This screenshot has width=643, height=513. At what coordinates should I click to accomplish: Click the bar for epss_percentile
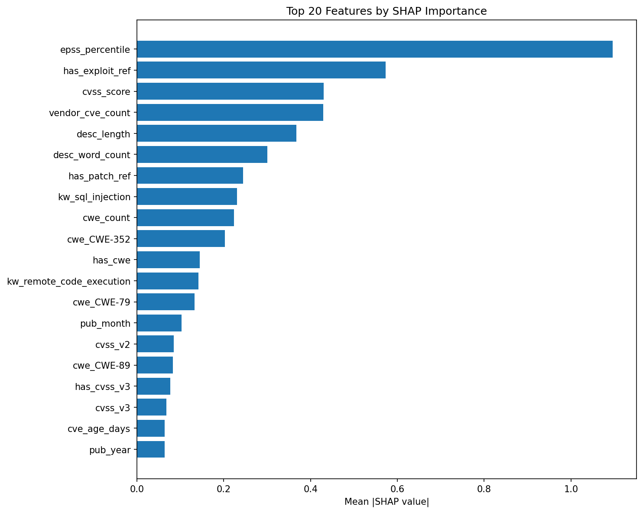(375, 49)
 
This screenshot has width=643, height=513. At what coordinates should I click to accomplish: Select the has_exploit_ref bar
(261, 70)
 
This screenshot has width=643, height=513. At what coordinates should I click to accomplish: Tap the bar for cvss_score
(230, 91)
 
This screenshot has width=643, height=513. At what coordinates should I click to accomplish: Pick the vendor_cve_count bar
(230, 113)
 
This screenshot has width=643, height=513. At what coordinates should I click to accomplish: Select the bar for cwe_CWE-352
(181, 239)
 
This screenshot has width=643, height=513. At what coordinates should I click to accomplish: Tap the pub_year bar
(151, 450)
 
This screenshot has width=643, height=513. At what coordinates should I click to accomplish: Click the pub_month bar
(159, 323)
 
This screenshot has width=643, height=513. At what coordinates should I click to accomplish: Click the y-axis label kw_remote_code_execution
(69, 282)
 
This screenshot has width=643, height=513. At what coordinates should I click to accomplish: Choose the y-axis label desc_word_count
(91, 155)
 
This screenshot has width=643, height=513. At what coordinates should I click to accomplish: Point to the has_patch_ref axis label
(99, 176)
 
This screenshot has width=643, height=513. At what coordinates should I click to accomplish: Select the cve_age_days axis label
(99, 429)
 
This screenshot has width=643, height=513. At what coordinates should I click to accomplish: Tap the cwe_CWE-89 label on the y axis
(101, 365)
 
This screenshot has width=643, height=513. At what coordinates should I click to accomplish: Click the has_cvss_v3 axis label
(102, 386)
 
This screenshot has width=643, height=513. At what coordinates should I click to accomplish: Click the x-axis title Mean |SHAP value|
(386, 502)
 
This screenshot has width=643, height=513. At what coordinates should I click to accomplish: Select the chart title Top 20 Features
(386, 11)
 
